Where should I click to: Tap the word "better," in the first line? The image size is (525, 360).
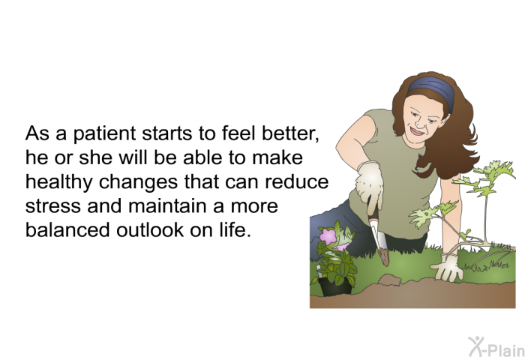pyautogui.click(x=290, y=133)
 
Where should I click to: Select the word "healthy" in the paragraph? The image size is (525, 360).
pyautogui.click(x=59, y=182)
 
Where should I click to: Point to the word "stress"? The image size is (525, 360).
pyautogui.click(x=53, y=206)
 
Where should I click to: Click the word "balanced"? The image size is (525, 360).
pyautogui.click(x=67, y=229)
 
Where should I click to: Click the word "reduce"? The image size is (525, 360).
pyautogui.click(x=297, y=181)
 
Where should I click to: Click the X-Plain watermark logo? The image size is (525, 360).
pyautogui.click(x=496, y=347)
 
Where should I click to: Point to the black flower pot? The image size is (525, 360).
pyautogui.click(x=334, y=287)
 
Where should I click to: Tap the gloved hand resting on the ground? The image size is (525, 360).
pyautogui.click(x=447, y=267)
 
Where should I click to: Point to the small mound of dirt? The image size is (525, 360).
pyautogui.click(x=389, y=280)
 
